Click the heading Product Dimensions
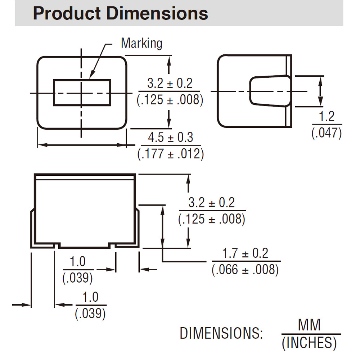coord(121,13)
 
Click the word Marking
coord(141,43)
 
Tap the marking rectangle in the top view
coord(82,80)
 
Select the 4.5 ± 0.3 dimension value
coord(170,137)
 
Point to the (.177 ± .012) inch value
coord(170,154)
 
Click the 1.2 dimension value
coord(327,116)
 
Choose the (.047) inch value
coord(327,133)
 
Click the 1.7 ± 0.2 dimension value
coord(245,253)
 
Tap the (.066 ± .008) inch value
coord(245,269)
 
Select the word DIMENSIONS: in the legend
coord(221,333)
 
